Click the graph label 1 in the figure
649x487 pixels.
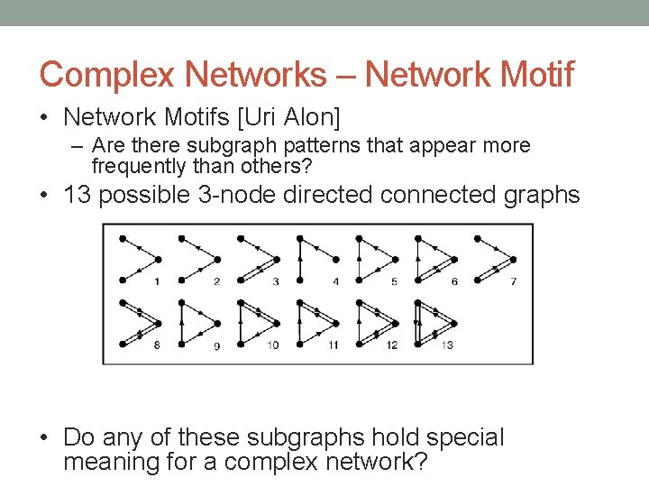[x=158, y=282]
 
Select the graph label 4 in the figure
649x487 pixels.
[x=334, y=282]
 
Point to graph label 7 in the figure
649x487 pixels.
[x=513, y=282]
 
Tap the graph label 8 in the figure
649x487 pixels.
[x=158, y=345]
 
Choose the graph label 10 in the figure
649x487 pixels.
[x=273, y=345]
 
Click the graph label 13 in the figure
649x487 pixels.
[x=447, y=345]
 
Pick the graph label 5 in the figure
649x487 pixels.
[x=394, y=282]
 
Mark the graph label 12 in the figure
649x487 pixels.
[x=391, y=345]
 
